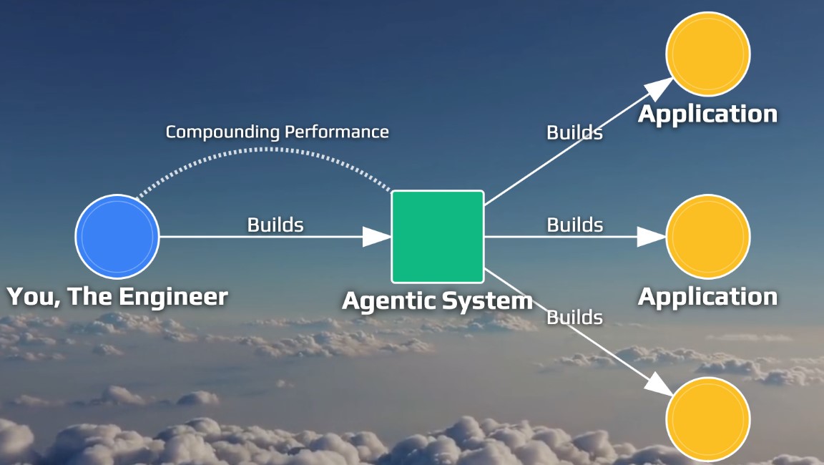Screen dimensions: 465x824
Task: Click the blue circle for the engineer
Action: pyautogui.click(x=117, y=236)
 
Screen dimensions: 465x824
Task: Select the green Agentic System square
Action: pyautogui.click(x=438, y=236)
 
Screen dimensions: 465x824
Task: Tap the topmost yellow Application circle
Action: pyautogui.click(x=707, y=54)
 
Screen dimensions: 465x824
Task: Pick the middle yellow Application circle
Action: pyautogui.click(x=707, y=236)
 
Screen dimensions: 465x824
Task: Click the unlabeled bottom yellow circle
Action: pyautogui.click(x=707, y=419)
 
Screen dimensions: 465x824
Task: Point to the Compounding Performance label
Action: pyautogui.click(x=277, y=132)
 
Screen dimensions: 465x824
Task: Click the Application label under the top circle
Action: pyautogui.click(x=707, y=114)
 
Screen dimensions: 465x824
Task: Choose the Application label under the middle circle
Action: pyautogui.click(x=707, y=296)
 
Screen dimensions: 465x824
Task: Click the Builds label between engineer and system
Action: pyautogui.click(x=275, y=225)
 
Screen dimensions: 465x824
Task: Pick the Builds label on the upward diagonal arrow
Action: pyautogui.click(x=574, y=132)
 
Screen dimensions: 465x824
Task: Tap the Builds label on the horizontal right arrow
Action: pyautogui.click(x=574, y=225)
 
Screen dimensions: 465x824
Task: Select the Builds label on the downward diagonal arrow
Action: pyautogui.click(x=574, y=317)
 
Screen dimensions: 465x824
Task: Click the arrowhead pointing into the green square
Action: pyautogui.click(x=378, y=236)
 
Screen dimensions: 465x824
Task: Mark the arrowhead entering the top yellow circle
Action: pyautogui.click(x=659, y=88)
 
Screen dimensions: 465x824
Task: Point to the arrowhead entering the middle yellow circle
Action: pyautogui.click(x=652, y=236)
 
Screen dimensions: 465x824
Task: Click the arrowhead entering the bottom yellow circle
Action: pyautogui.click(x=659, y=383)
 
